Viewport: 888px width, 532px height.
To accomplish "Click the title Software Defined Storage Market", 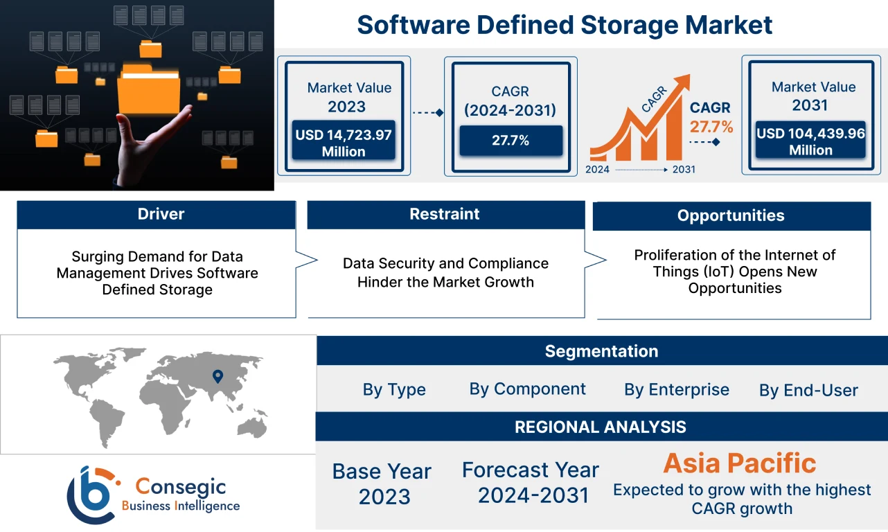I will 565,25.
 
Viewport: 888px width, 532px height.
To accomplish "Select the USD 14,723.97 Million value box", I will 344,143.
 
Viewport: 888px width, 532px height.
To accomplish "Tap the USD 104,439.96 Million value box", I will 810,141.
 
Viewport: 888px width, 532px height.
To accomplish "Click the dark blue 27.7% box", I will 510,141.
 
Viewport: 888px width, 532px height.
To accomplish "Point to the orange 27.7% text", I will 711,127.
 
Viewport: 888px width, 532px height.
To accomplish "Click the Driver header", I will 161,214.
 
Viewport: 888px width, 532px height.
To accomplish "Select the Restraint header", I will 445,214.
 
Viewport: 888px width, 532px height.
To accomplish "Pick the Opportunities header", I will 731,215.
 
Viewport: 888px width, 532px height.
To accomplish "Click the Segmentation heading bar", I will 601,351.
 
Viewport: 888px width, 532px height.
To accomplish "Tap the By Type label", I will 394,390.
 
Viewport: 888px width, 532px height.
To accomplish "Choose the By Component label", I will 528,389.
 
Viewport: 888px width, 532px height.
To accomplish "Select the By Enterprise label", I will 677,390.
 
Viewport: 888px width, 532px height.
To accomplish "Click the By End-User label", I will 808,391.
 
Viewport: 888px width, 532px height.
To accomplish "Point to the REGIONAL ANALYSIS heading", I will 601,427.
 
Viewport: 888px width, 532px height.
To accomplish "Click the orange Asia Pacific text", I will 740,463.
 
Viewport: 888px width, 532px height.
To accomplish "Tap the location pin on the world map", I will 217,376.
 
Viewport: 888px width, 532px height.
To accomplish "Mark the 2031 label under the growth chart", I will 683,170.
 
